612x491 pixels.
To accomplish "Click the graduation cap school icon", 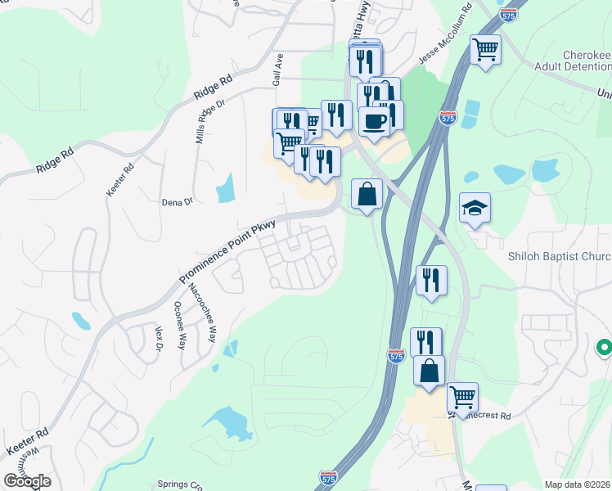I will point(475,209).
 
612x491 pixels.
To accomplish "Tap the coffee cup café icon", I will point(375,121).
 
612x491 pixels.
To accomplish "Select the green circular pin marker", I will point(605,349).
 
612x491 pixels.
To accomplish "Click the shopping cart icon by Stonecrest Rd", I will point(462,398).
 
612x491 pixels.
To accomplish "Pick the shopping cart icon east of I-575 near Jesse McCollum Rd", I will point(486,51).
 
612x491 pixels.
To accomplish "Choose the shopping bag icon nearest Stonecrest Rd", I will point(429,371).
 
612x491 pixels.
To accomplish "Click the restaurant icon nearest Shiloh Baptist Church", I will point(431,280).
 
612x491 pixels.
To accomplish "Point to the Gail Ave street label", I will point(277,71).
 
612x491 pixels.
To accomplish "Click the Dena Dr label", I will point(177,200).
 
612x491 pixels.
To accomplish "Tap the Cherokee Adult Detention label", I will point(576,61).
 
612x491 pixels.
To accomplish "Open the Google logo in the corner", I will point(28,480).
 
